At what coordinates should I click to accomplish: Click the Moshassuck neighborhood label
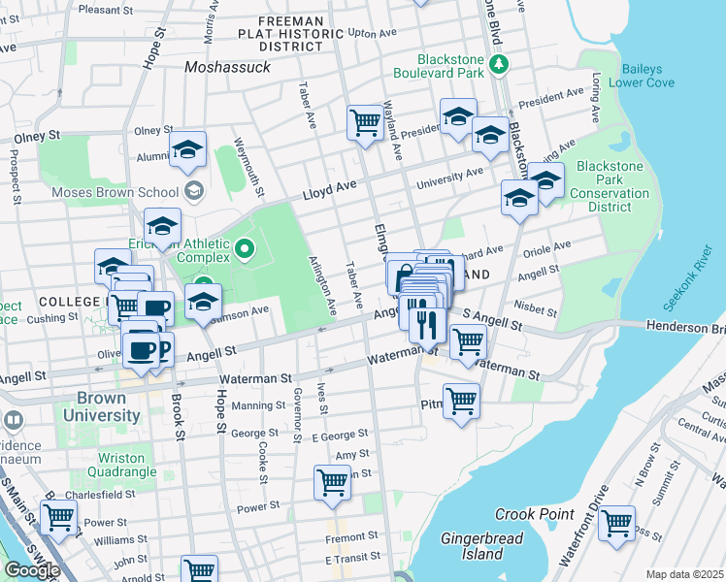point(227,67)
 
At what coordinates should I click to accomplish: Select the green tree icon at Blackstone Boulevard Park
point(499,64)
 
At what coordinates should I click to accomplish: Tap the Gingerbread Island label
point(482,546)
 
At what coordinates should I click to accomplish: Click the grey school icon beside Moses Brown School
point(194,191)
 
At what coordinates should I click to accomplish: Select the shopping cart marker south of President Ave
point(365,122)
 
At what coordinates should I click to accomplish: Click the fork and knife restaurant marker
point(426,324)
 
